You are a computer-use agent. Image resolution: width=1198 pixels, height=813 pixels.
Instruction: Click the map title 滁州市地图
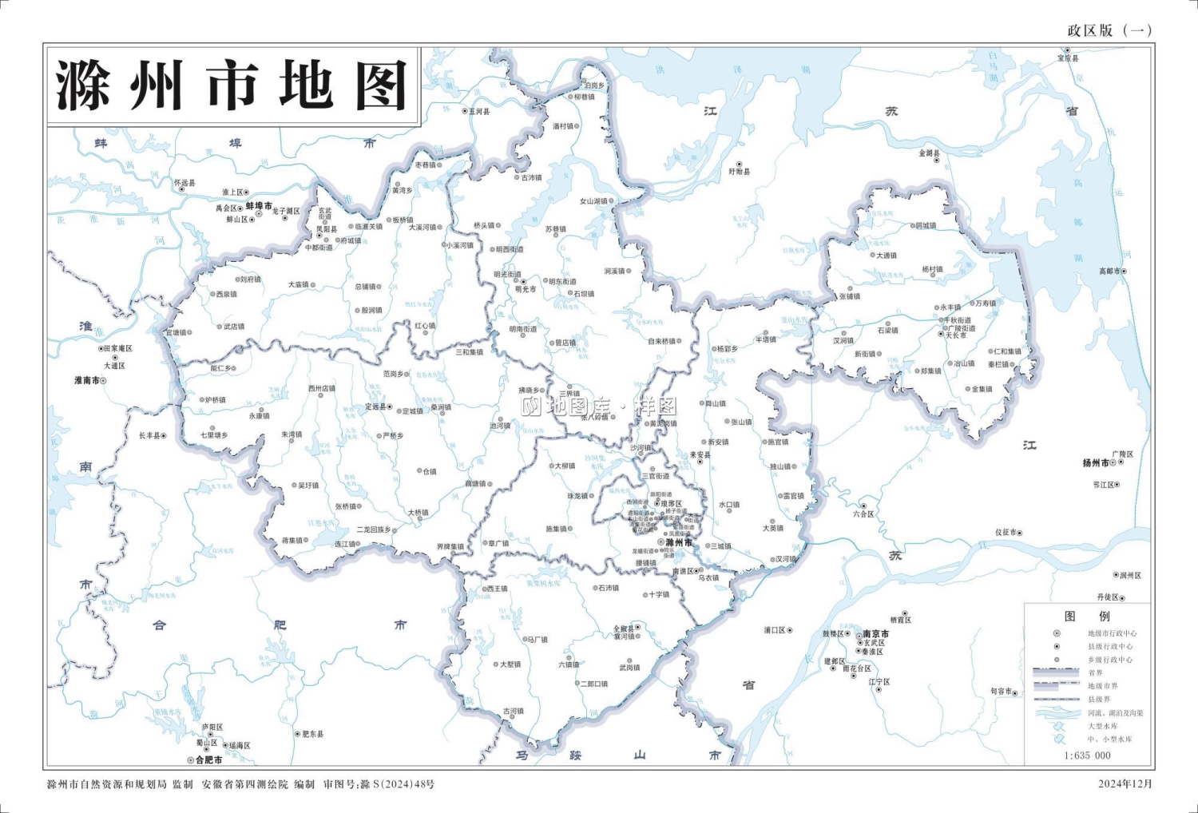[232, 85]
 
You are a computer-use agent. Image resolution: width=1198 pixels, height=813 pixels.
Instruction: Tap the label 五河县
[478, 112]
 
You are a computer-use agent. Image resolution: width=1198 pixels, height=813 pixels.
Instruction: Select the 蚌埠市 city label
[259, 206]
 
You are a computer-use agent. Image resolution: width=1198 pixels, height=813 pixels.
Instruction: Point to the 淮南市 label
[87, 381]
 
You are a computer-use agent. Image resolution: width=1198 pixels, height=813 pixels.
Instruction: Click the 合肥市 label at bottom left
[208, 760]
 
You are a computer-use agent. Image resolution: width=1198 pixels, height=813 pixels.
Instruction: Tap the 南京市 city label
[875, 634]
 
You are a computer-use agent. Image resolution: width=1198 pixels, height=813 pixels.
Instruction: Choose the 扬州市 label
[1096, 463]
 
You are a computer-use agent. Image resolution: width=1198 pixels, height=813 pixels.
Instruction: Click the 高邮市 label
[1109, 272]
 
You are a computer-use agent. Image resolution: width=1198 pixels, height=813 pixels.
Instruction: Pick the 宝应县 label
[1068, 59]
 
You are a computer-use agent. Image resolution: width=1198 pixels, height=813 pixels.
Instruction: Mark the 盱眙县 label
[739, 172]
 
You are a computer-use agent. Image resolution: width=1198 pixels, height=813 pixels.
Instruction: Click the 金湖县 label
[929, 153]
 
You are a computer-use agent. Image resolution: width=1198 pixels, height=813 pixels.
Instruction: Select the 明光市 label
[526, 290]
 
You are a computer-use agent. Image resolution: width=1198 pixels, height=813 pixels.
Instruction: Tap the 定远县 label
[375, 406]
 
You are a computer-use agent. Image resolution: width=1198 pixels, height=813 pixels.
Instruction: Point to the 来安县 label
[700, 455]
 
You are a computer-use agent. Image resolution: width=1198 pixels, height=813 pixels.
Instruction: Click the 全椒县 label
[624, 629]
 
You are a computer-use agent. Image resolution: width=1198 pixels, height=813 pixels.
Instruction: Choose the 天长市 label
[955, 335]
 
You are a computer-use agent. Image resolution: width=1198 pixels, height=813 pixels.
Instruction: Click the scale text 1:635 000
[1087, 755]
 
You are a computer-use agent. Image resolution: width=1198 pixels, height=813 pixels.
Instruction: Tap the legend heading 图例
[1087, 617]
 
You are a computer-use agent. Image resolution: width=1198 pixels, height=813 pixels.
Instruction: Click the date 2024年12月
[1125, 784]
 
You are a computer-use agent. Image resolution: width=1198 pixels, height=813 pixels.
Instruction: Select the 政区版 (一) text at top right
[1109, 30]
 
